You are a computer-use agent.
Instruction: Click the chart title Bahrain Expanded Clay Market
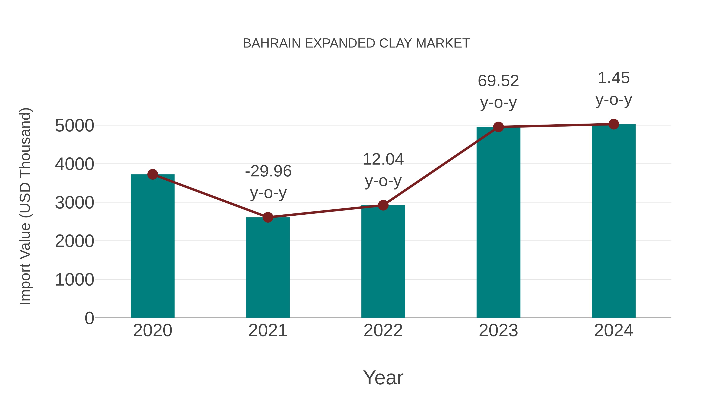356,43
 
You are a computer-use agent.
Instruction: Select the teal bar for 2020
153,246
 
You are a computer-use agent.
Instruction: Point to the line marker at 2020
153,174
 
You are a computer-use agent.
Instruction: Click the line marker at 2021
268,217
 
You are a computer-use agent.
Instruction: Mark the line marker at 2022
383,205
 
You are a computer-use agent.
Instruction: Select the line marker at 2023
498,127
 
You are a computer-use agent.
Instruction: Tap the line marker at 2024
614,124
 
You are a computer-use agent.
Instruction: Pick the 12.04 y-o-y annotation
383,170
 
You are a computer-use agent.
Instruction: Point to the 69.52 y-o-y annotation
498,92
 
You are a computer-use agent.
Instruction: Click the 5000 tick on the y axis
74,126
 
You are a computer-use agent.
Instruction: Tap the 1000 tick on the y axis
74,280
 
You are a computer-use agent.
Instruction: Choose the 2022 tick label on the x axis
383,331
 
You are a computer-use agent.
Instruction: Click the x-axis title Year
383,377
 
